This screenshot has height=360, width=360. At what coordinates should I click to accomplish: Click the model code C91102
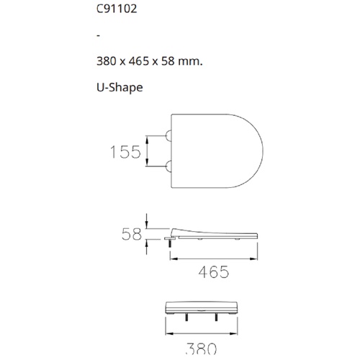click(117, 9)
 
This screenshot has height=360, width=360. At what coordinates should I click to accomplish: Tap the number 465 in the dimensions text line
click(139, 61)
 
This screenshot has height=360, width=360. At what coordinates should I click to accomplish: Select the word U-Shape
click(120, 88)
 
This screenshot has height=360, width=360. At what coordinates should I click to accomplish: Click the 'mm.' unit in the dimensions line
click(190, 61)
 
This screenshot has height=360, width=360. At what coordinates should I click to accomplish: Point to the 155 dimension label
click(125, 152)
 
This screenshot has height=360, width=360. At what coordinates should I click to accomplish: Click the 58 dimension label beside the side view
click(132, 234)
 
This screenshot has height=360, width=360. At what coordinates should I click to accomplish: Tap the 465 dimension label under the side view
click(214, 272)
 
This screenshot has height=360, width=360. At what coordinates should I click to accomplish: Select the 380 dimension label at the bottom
click(201, 348)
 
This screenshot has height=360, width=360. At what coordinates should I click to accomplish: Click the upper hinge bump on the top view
click(168, 136)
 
